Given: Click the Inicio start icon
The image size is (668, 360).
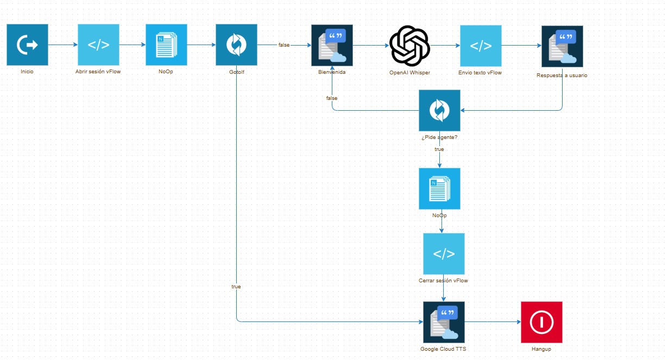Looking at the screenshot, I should (x=27, y=45).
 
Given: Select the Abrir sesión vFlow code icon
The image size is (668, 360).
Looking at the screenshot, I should (x=98, y=45).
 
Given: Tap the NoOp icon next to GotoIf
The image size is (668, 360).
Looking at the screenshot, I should (x=166, y=45).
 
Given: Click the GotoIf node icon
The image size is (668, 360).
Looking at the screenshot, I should (x=236, y=45).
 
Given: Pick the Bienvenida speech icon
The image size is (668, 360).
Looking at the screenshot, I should (x=332, y=45).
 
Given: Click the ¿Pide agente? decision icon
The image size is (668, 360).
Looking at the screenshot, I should (x=439, y=110).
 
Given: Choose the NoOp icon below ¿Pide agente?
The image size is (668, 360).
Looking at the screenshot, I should (x=439, y=188).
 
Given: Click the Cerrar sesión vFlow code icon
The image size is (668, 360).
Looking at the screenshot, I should (x=444, y=254).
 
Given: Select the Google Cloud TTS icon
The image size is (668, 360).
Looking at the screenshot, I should (x=444, y=322).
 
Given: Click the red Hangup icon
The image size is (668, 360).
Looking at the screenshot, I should (x=541, y=322).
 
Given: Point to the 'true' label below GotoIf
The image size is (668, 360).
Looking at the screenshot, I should (x=236, y=286).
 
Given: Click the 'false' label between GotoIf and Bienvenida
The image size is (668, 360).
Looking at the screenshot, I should (x=284, y=45).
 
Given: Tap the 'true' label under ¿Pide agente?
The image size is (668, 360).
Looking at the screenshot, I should (x=439, y=149).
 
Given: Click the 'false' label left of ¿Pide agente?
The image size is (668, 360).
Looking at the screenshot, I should (x=332, y=98).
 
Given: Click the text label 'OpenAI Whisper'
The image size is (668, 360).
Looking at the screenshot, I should (x=409, y=73).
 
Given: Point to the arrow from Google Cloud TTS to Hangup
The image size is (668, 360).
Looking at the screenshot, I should (x=492, y=322).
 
